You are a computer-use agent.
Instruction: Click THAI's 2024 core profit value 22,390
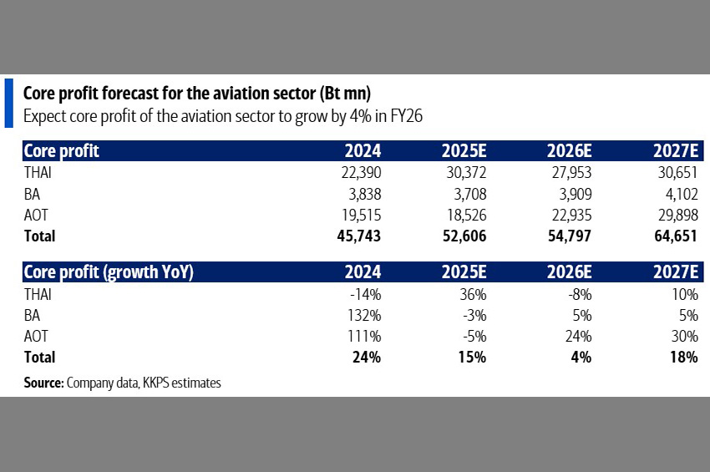pos(359,173)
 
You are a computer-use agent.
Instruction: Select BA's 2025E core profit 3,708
pos(464,194)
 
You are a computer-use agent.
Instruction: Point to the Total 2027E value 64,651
pos(674,236)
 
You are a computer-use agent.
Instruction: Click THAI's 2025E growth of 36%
pos(472,294)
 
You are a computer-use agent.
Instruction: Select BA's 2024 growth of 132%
pos(364,315)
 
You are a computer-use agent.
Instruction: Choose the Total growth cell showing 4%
pos(581,358)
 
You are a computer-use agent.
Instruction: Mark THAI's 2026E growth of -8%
pos(579,294)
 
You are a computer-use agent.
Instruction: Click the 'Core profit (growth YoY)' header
pos(109,272)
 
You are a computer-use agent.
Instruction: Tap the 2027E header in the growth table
pos(674,272)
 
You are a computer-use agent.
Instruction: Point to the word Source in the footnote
pos(43,383)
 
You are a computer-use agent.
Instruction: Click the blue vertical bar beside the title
pos(8,103)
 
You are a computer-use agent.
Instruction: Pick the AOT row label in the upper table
pos(37,215)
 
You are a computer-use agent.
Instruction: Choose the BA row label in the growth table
pos(32,315)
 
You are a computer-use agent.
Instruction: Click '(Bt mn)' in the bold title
pos(341,92)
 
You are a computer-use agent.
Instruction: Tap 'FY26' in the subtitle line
pos(404,115)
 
